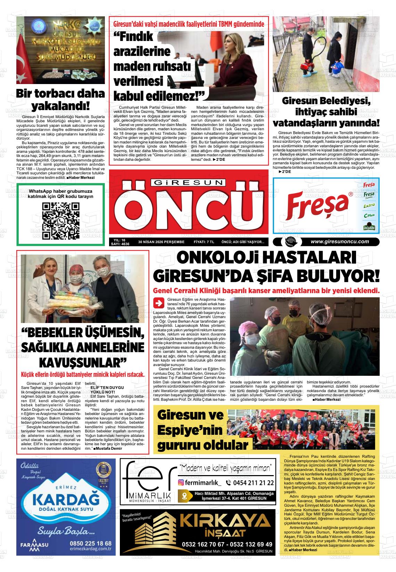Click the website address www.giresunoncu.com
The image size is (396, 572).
pos(339,242)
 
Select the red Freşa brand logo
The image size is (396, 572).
pos(317,205)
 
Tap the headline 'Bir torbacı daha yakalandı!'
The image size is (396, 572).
pos(60,99)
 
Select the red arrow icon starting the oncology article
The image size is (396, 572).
pos(159,303)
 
